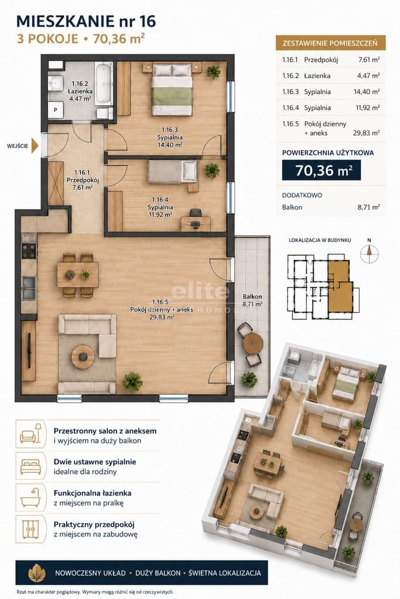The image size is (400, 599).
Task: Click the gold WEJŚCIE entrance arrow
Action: (35, 146)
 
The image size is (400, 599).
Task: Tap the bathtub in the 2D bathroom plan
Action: (104, 84)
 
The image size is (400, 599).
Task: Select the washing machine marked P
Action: (56, 110)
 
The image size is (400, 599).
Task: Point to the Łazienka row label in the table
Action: (317, 75)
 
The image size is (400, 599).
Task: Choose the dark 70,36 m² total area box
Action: (321, 170)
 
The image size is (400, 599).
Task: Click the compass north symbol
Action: (369, 252)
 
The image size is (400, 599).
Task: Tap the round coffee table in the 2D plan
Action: (83, 356)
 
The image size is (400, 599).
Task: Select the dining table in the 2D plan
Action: (78, 274)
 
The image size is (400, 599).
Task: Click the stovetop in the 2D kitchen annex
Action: (29, 252)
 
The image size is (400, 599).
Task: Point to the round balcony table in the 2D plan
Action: (252, 343)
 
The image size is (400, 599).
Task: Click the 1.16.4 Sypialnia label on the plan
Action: (160, 207)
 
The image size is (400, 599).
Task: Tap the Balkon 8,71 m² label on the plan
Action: (252, 300)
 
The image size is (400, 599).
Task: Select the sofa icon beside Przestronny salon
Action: (30, 434)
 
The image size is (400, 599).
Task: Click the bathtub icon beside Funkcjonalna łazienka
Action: (30, 497)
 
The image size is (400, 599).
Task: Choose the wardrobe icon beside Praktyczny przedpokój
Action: (30, 529)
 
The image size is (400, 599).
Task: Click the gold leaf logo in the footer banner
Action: (37, 573)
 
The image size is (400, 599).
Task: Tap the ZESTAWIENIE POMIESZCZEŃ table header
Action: (330, 43)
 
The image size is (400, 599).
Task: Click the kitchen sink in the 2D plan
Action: (29, 288)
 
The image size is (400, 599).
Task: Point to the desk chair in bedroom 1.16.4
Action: (196, 216)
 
